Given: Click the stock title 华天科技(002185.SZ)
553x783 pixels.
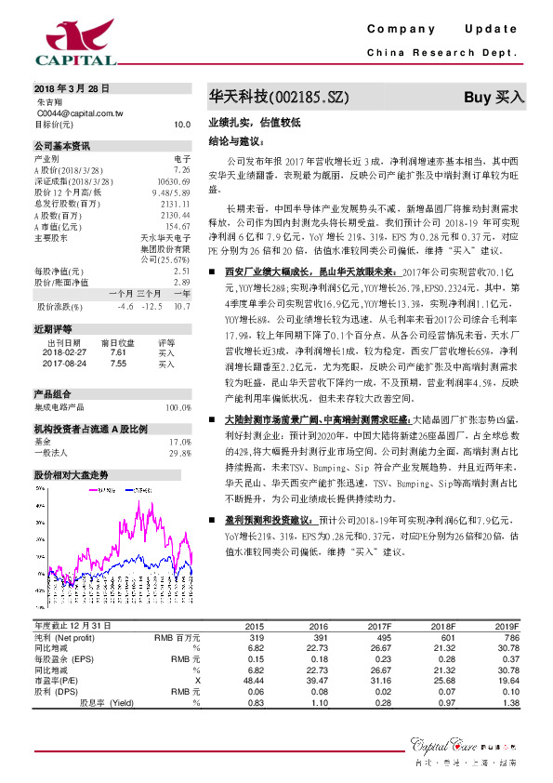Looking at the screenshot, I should [266, 97].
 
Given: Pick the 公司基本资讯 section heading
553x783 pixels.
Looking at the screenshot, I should [62, 146].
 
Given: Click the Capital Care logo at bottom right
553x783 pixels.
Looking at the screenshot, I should [464, 747].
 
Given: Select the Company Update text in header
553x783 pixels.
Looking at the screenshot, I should [441, 30].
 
